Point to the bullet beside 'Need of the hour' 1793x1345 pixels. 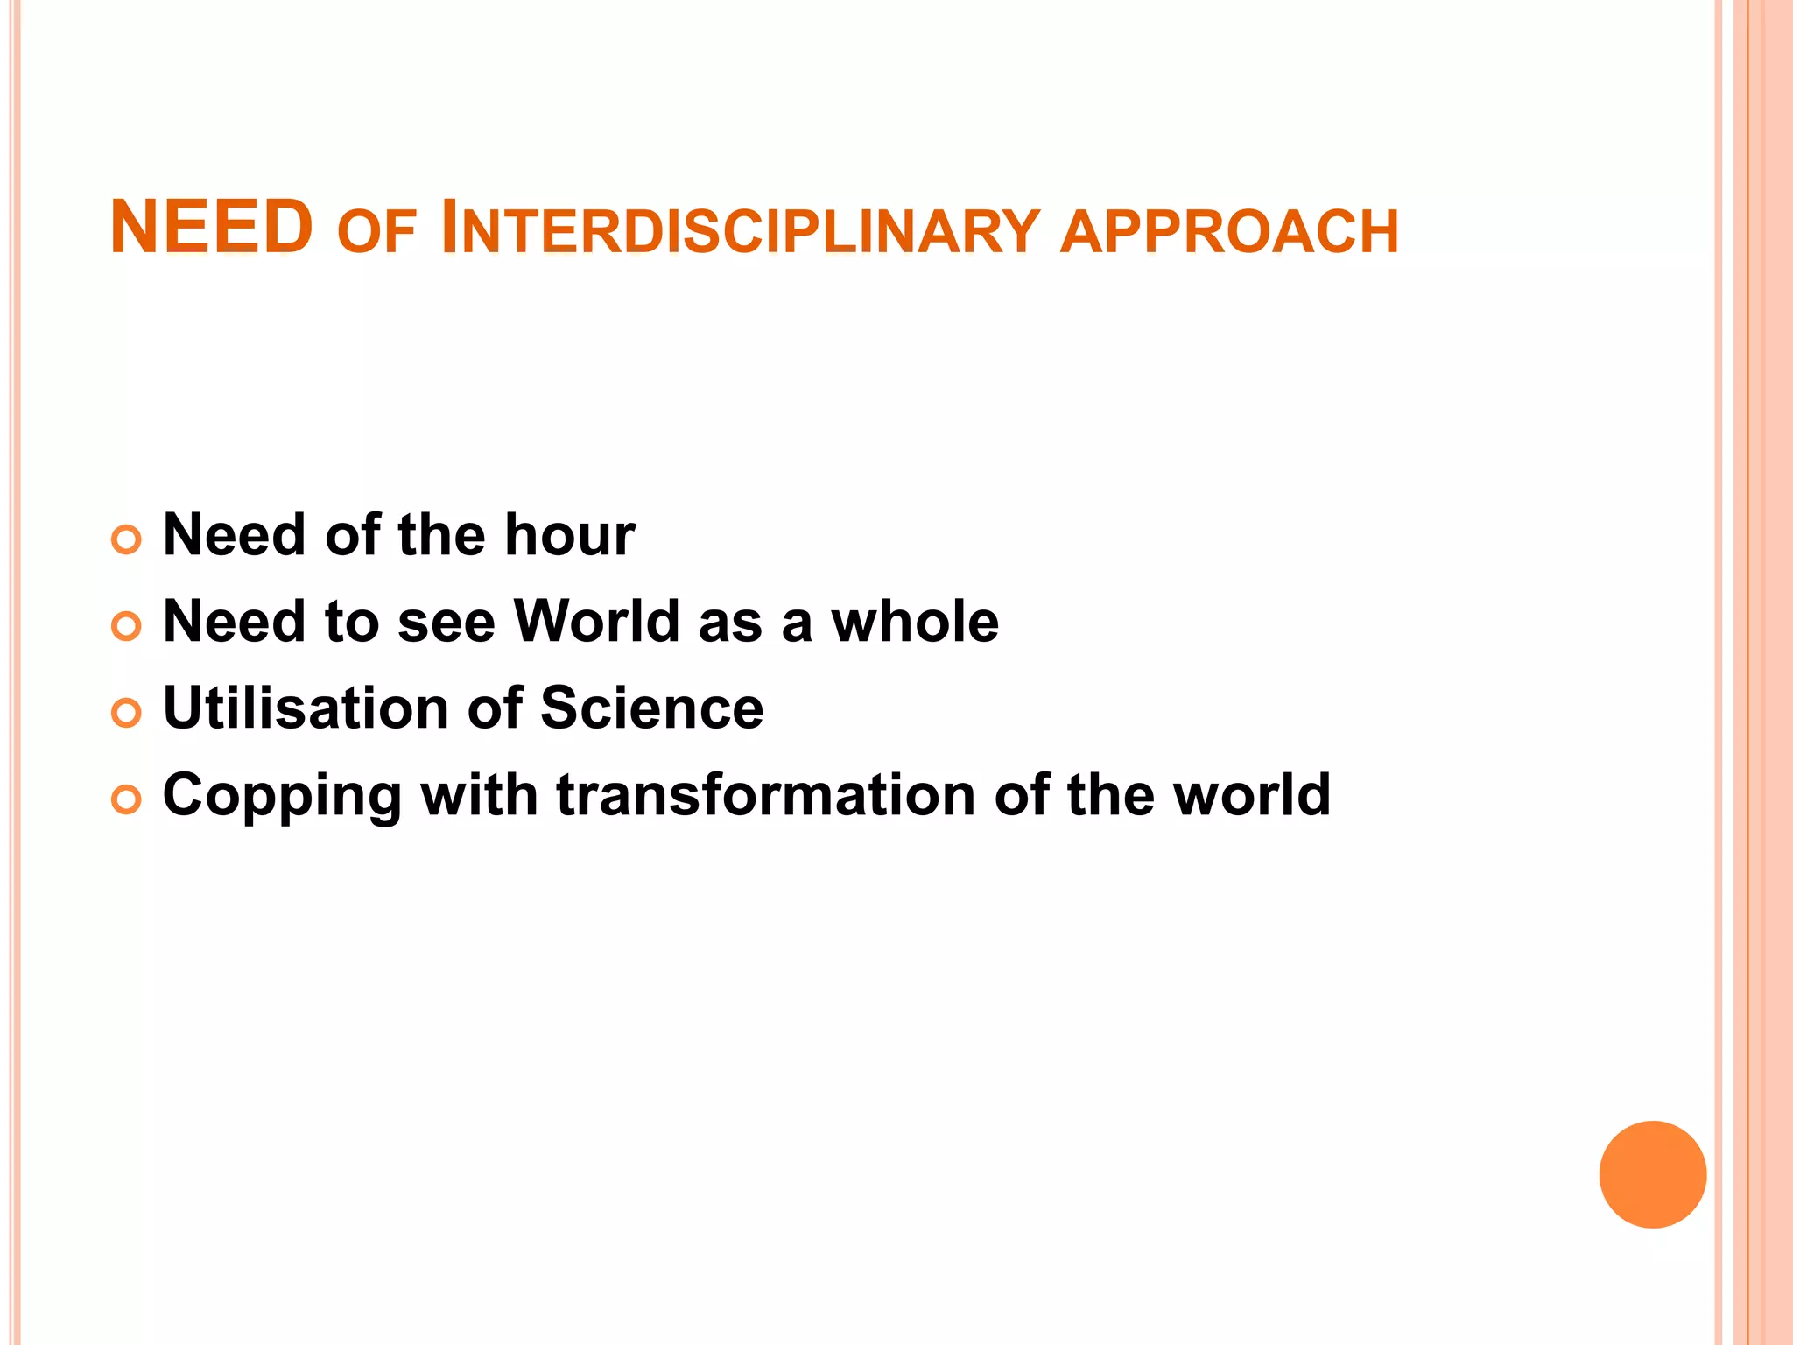click(x=127, y=539)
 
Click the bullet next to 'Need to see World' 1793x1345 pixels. click(x=127, y=626)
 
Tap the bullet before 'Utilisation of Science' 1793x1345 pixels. click(x=127, y=713)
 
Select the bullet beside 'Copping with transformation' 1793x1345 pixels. click(x=127, y=799)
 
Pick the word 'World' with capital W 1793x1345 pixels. click(x=596, y=621)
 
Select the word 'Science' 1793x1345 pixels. click(x=651, y=708)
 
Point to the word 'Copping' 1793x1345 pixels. click(x=282, y=795)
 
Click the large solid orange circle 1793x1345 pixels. click(x=1652, y=1174)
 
